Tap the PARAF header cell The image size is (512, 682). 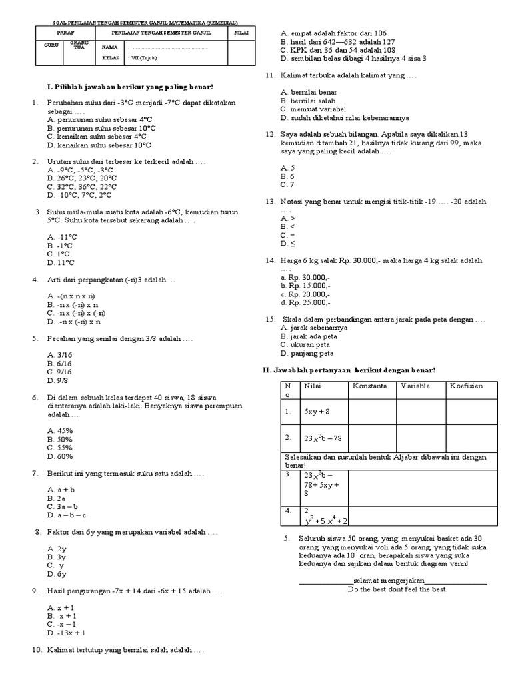click(x=65, y=31)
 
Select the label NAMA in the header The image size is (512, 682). click(x=109, y=47)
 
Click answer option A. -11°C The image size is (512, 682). click(x=62, y=237)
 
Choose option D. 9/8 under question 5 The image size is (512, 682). click(x=58, y=380)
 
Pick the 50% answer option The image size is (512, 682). click(x=60, y=440)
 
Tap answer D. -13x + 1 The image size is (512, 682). click(x=66, y=633)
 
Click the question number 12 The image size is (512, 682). click(x=270, y=134)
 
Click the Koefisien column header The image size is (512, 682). click(x=466, y=386)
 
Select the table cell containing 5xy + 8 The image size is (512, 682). click(x=317, y=412)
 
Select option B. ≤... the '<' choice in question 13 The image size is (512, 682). click(x=287, y=226)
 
